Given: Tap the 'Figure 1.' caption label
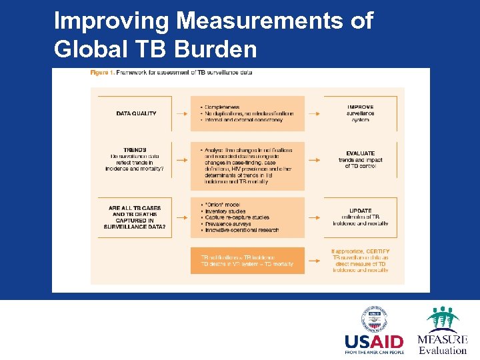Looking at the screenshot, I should (x=102, y=73).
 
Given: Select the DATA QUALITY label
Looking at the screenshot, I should (x=136, y=113).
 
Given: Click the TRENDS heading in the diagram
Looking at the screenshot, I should (x=135, y=150).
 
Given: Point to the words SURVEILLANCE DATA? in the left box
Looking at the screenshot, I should (x=135, y=227).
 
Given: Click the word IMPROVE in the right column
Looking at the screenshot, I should (x=360, y=107).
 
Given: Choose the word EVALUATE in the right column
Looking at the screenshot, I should (x=360, y=153).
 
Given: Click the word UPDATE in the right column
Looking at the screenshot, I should (x=360, y=210).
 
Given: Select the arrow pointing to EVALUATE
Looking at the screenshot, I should (x=314, y=160).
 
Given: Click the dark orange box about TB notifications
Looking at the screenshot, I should (x=247, y=260).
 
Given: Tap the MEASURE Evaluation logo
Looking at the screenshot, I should (x=442, y=330).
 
